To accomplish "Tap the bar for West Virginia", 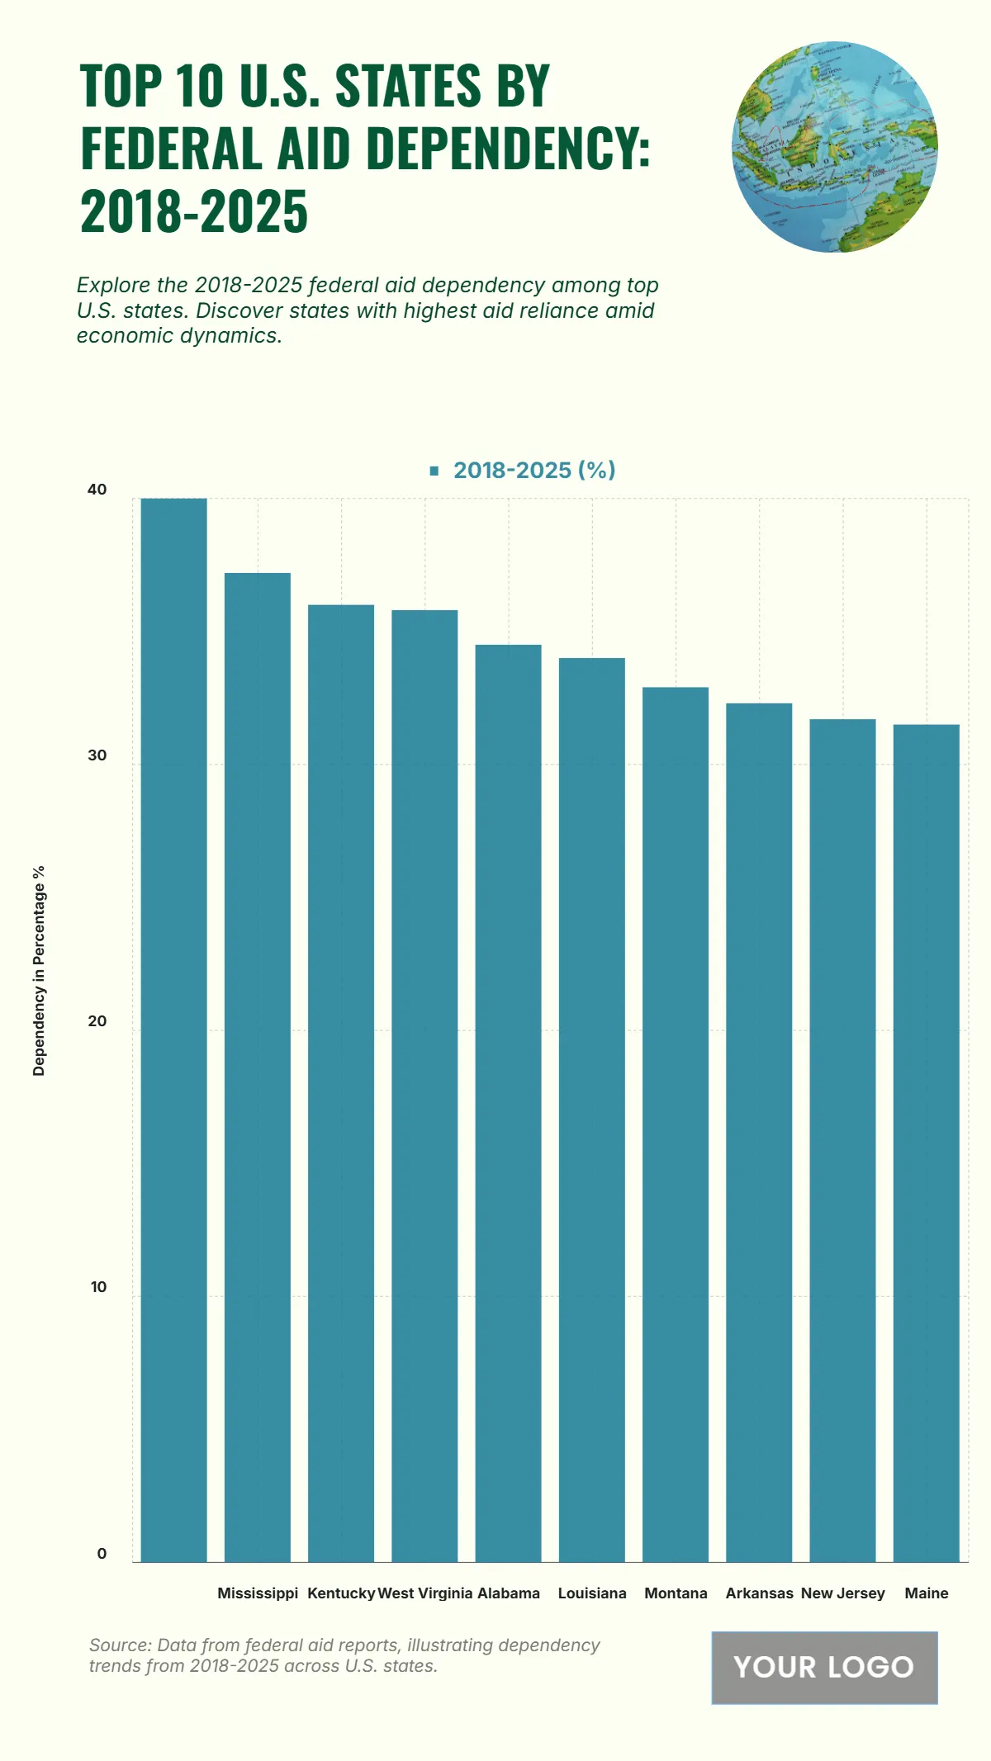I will pos(424,1086).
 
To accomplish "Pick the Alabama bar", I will pos(508,1103).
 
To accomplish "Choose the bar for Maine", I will pos(926,1143).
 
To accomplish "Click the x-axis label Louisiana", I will pos(592,1593).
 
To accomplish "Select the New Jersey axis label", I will pos(842,1593).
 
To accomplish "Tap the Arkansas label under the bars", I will pos(759,1593).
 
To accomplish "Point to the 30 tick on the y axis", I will pos(97,755).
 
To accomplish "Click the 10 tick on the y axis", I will pos(98,1287).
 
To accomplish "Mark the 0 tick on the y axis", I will pos(102,1553).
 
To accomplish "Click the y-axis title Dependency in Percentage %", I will pos(39,971).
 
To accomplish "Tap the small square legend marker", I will pos(434,471).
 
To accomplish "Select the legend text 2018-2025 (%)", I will pos(534,470).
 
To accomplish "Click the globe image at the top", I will pos(834,147).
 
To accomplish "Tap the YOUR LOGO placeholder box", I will pos(824,1667).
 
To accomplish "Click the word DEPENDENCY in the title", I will pos(503,149).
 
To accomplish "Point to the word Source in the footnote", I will pos(119,1645).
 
